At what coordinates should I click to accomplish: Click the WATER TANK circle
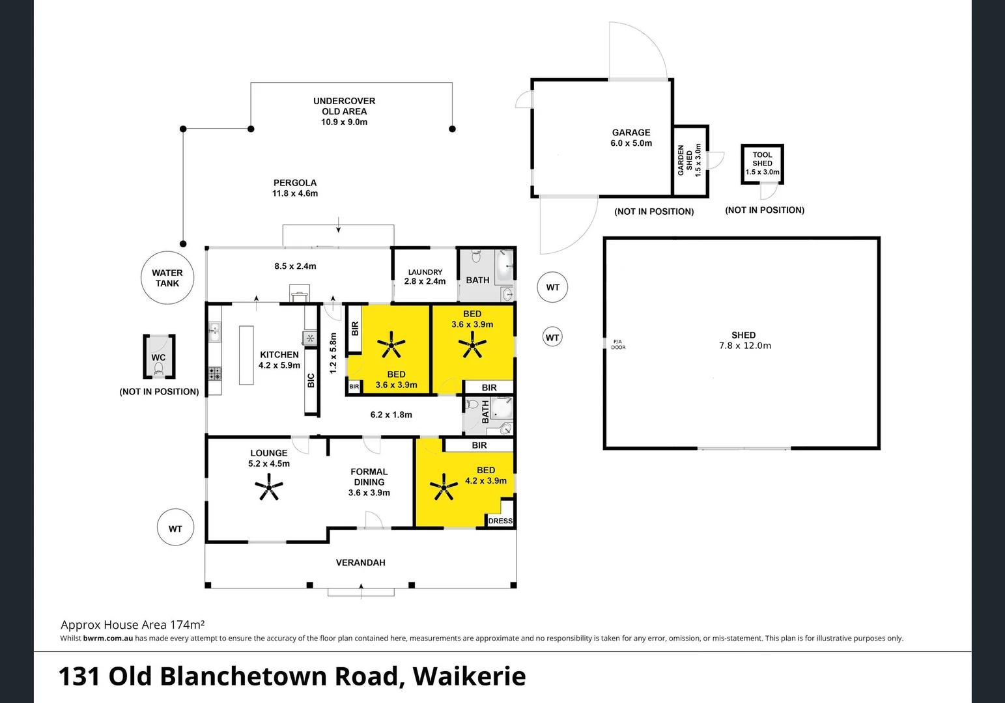pos(167,278)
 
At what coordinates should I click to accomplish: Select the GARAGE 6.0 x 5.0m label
pos(630,137)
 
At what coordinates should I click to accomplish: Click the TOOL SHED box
pos(762,163)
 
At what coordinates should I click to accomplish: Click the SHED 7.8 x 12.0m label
pos(744,340)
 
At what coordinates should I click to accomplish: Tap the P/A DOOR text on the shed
pos(617,344)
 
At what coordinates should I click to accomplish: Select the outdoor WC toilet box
pos(159,356)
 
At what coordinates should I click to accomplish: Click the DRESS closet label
pos(500,521)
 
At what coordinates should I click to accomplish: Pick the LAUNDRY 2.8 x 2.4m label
pos(425,277)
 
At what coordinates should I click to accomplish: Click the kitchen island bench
pos(246,355)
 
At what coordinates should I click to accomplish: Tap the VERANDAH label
pos(360,562)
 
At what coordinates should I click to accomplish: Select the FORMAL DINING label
pos(369,482)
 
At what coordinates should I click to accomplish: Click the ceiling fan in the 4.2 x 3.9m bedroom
pos(444,487)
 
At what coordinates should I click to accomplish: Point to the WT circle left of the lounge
pos(175,529)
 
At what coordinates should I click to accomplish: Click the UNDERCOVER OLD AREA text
pos(344,111)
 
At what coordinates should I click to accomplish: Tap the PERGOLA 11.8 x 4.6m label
pos(295,188)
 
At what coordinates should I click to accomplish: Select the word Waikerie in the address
pos(469,676)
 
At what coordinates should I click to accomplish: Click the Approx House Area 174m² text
pos(132,625)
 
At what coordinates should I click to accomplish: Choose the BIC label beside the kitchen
pos(311,380)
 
